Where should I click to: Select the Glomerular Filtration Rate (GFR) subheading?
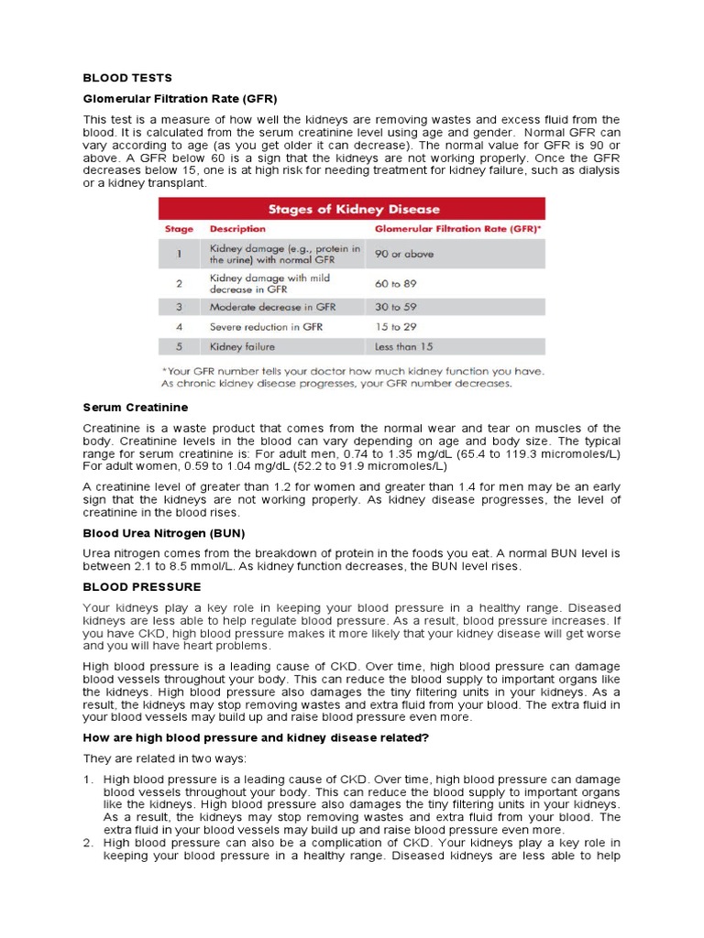coord(180,98)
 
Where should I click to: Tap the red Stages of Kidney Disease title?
coord(352,209)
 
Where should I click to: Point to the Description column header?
coord(237,229)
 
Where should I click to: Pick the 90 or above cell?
coord(404,254)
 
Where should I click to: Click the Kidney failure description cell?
coord(242,347)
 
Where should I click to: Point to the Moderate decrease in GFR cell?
coord(272,307)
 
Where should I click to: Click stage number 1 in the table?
coord(180,254)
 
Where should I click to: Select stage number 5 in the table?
coord(180,347)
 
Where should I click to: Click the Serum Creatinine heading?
coord(136,406)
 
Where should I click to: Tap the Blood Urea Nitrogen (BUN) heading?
coord(164,533)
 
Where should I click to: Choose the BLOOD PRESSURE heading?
coord(142,586)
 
